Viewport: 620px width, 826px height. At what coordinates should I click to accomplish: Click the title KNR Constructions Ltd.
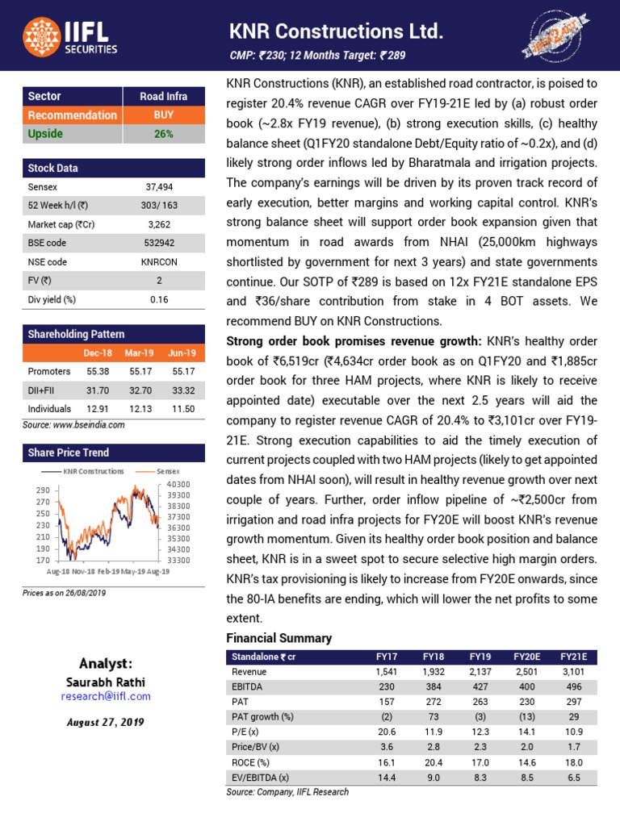click(x=336, y=32)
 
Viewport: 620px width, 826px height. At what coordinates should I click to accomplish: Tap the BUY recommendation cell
click(x=164, y=115)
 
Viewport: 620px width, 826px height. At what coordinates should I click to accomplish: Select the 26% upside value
click(x=164, y=134)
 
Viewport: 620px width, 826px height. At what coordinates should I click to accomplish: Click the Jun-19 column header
click(x=182, y=353)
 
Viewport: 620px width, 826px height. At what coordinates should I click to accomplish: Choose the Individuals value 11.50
click(x=182, y=409)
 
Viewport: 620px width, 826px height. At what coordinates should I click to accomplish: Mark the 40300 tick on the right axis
click(x=179, y=484)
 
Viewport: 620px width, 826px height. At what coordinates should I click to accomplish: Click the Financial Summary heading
click(x=279, y=638)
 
